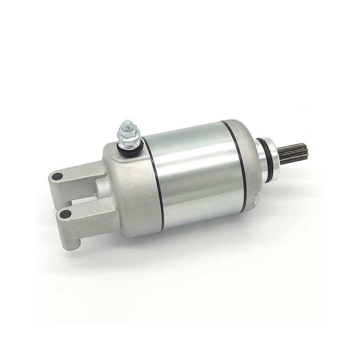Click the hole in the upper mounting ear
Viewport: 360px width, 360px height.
(x=57, y=176)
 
